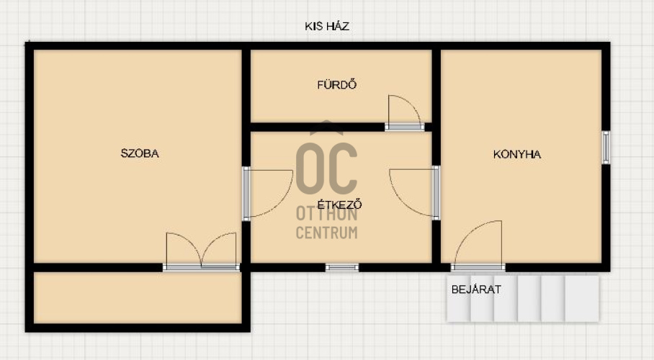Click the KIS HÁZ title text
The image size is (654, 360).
pos(326,27)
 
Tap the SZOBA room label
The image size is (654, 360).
pos(140,153)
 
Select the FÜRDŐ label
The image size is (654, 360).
pos(336,85)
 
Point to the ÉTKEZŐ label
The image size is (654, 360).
pos(339,204)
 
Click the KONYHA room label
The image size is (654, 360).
pos(516,154)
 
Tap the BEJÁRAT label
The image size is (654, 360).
pos(476,289)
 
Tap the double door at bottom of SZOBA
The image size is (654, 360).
pos(201,251)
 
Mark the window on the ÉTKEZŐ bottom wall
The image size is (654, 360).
pos(342,267)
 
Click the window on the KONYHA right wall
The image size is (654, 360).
pos(606,148)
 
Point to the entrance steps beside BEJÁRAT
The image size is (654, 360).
pos(523,299)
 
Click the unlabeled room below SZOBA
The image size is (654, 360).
pos(138,297)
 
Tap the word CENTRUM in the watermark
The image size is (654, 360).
pos(326,233)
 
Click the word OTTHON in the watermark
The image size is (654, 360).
pos(326,214)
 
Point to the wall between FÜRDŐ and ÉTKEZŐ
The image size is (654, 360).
pos(318,127)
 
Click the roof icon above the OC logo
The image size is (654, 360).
pos(326,127)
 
